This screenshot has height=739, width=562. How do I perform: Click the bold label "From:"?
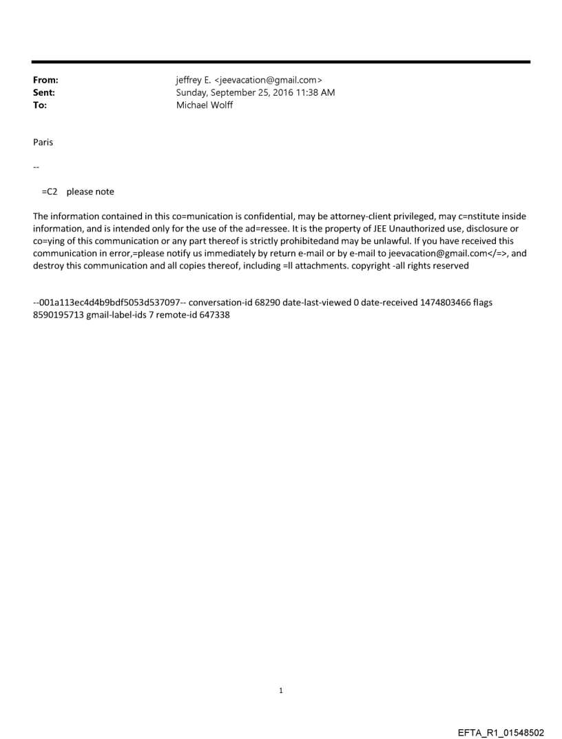click(x=45, y=81)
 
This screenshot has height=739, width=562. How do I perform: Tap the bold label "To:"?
click(x=40, y=104)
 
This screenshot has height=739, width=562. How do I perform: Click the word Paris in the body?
click(x=43, y=142)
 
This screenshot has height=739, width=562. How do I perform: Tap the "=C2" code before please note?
click(x=50, y=191)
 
